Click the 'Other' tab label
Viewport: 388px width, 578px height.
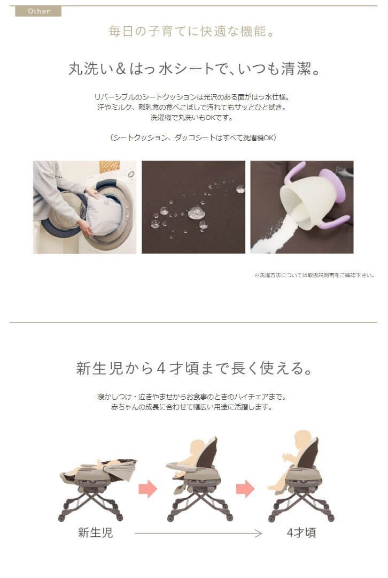pos(38,11)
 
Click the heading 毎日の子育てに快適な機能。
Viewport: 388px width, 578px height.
pos(193,32)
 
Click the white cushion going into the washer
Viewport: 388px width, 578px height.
pos(104,214)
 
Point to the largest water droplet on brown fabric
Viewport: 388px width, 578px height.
pos(196,212)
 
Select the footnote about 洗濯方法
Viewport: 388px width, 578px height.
pos(314,276)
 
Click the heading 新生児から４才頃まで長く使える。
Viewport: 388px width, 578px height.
pos(193,369)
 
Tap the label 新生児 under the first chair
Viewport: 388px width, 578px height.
pos(95,533)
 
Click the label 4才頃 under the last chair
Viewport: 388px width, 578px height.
pos(301,533)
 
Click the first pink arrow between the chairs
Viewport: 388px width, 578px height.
pos(148,488)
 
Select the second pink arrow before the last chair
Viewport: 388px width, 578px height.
pos(245,488)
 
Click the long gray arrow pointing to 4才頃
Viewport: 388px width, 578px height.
pos(198,533)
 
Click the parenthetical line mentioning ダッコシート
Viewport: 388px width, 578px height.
pos(193,138)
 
